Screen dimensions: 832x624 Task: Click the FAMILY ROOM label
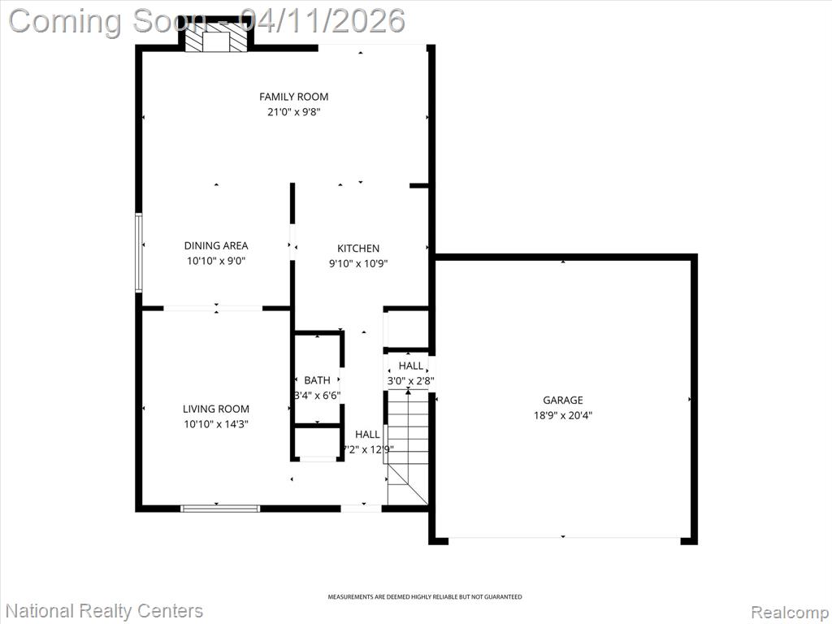click(x=293, y=97)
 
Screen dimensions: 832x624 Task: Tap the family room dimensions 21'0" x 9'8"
click(x=293, y=112)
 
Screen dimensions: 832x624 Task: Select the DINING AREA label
click(x=216, y=245)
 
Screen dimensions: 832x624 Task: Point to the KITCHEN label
click(x=358, y=249)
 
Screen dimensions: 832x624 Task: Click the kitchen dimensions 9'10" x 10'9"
click(x=358, y=264)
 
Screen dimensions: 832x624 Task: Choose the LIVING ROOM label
click(x=216, y=409)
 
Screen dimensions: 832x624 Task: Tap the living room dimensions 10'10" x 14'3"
click(x=216, y=424)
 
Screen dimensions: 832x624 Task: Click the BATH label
click(x=318, y=380)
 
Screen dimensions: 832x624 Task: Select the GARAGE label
click(x=562, y=400)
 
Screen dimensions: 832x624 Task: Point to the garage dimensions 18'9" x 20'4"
click(x=562, y=415)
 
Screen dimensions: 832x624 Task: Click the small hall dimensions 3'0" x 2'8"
click(x=410, y=381)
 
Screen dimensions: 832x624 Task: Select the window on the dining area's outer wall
click(x=139, y=253)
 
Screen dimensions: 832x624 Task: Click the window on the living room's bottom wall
click(x=220, y=509)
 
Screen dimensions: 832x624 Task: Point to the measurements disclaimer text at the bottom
click(x=424, y=597)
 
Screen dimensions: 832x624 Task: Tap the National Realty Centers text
click(x=105, y=611)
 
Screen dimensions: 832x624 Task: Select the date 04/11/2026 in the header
click(x=323, y=21)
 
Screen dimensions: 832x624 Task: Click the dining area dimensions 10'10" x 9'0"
click(x=216, y=261)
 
